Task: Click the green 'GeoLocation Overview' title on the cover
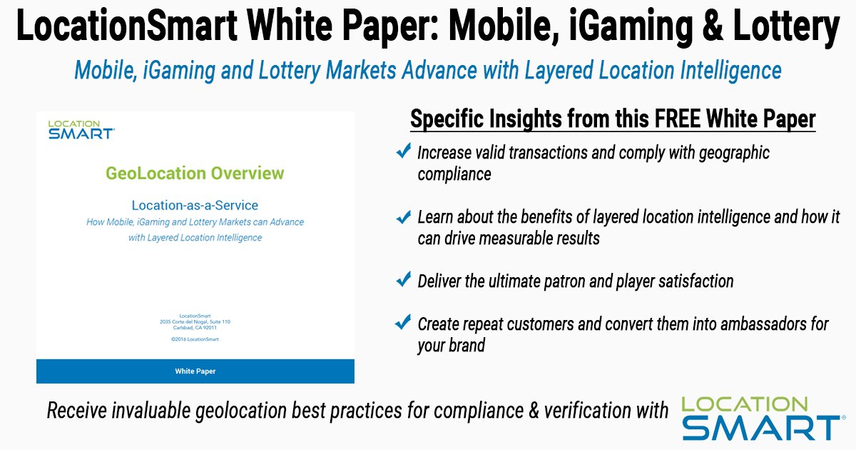click(195, 173)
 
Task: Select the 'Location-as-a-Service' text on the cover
click(195, 204)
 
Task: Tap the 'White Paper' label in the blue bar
click(195, 371)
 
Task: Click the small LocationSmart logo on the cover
click(81, 129)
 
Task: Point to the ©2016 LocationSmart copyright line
click(195, 339)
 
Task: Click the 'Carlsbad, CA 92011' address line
click(195, 328)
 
